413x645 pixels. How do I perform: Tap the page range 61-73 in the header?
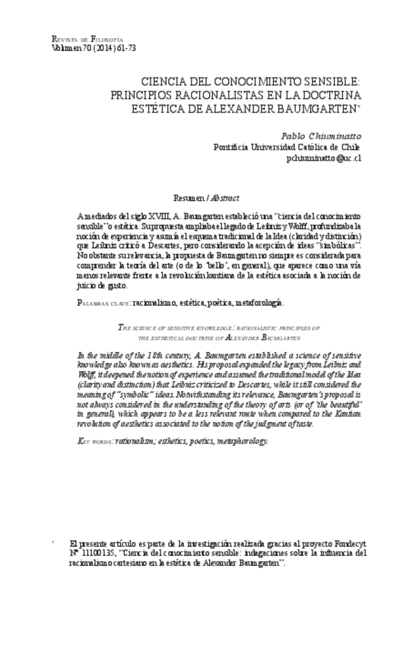pos(115,48)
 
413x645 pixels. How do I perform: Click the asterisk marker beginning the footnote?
pos(52,543)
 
